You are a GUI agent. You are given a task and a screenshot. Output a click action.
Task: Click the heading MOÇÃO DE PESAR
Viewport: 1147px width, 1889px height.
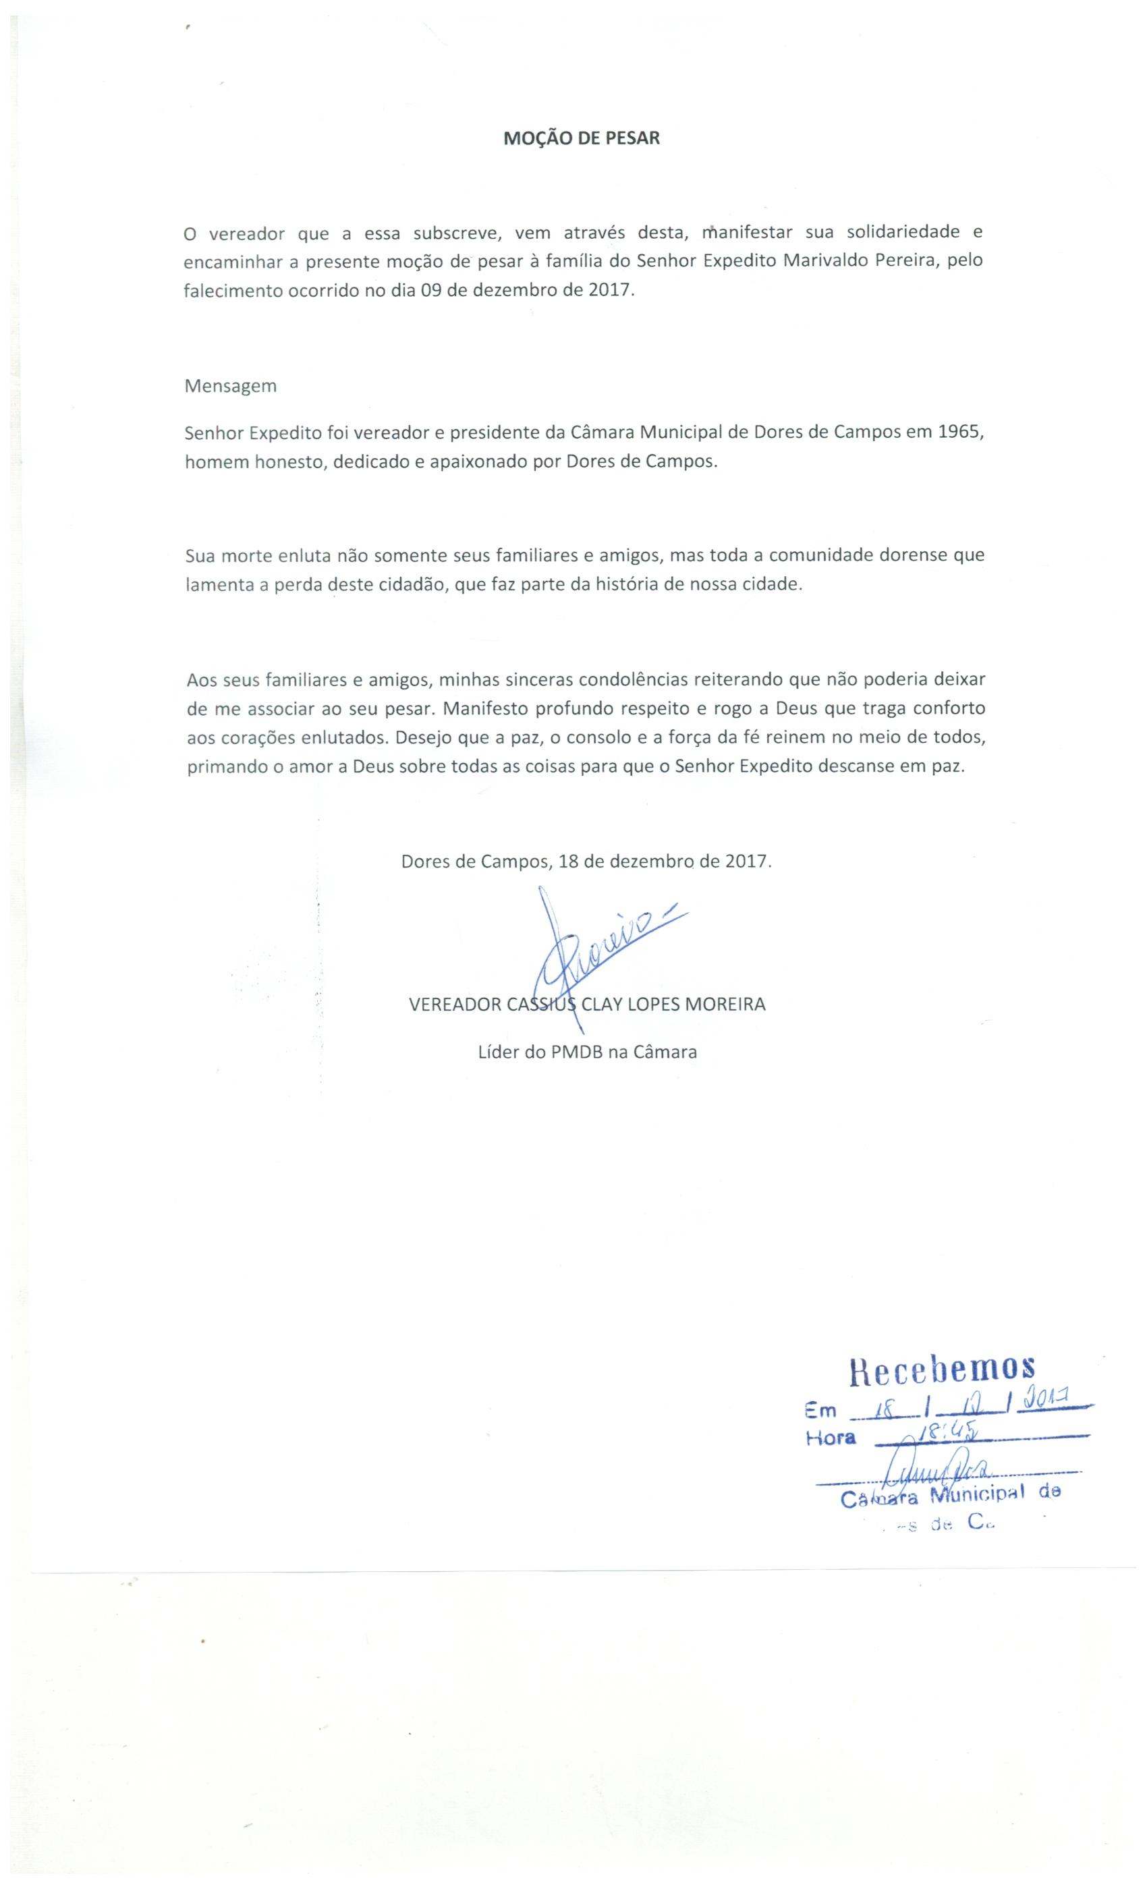[581, 139]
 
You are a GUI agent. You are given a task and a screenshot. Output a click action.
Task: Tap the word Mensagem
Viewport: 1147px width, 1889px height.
[230, 386]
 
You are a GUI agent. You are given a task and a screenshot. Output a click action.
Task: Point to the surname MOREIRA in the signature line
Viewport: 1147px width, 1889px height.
[725, 1005]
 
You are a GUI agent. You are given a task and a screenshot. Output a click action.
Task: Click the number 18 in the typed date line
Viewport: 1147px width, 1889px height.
[568, 861]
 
